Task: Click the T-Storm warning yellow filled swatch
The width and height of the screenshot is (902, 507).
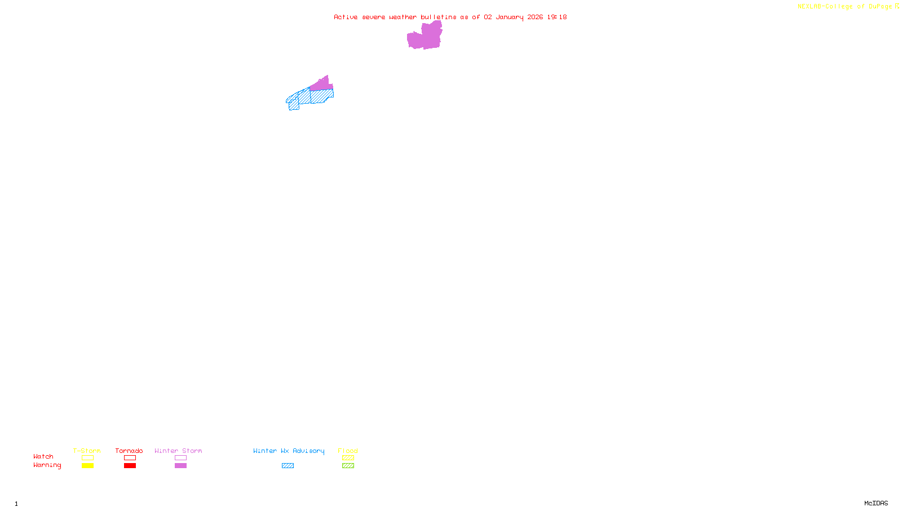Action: [87, 466]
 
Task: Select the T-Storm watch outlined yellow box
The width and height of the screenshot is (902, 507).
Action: [87, 458]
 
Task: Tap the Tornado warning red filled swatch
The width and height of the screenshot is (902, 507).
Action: [130, 466]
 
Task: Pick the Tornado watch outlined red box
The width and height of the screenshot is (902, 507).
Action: [130, 458]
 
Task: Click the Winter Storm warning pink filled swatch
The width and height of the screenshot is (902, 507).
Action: [180, 466]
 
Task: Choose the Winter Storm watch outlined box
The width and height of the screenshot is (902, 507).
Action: [180, 458]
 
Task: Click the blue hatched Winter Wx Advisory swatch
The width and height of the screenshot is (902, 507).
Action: [288, 466]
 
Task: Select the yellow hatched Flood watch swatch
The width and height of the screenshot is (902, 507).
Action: [348, 458]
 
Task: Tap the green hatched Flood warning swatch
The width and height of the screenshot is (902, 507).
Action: [348, 466]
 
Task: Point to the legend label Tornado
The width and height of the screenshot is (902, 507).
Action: [129, 451]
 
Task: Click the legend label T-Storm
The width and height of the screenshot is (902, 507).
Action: [87, 451]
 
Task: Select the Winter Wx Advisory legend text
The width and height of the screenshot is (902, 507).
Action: [289, 451]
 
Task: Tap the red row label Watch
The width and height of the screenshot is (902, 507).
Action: [43, 457]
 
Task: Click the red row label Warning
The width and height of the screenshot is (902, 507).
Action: [47, 465]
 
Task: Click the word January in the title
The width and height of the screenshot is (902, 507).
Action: [510, 17]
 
